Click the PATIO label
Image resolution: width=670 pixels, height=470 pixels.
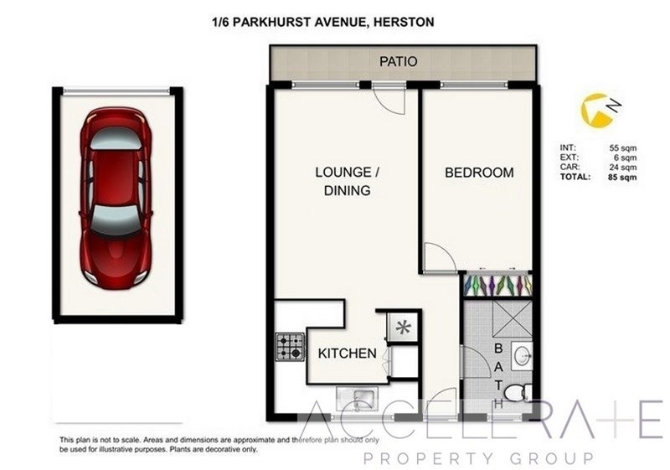399,61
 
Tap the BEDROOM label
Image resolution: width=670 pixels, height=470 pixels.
479,173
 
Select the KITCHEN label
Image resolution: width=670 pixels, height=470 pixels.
348,354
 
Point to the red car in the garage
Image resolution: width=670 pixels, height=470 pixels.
116,199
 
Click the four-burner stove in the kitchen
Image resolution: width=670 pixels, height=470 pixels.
290,347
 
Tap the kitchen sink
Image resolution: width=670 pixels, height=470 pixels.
357,399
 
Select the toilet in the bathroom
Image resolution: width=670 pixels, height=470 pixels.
518,392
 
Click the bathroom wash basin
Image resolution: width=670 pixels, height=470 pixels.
523,354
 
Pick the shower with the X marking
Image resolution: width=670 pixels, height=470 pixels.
512,321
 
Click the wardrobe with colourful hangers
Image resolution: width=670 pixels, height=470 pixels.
497,285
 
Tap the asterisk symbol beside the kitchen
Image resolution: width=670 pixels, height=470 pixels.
403,328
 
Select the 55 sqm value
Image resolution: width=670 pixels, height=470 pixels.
622,148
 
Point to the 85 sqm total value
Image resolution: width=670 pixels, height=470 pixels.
622,177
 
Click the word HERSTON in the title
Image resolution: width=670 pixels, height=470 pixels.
404,22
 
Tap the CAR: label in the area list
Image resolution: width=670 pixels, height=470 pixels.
569,167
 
